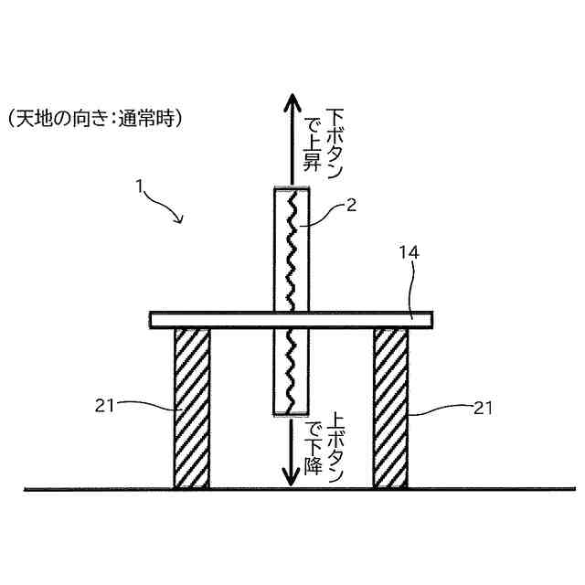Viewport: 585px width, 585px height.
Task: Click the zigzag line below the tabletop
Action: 291,369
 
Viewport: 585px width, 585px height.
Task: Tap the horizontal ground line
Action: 91,490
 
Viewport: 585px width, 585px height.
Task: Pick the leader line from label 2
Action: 324,216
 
